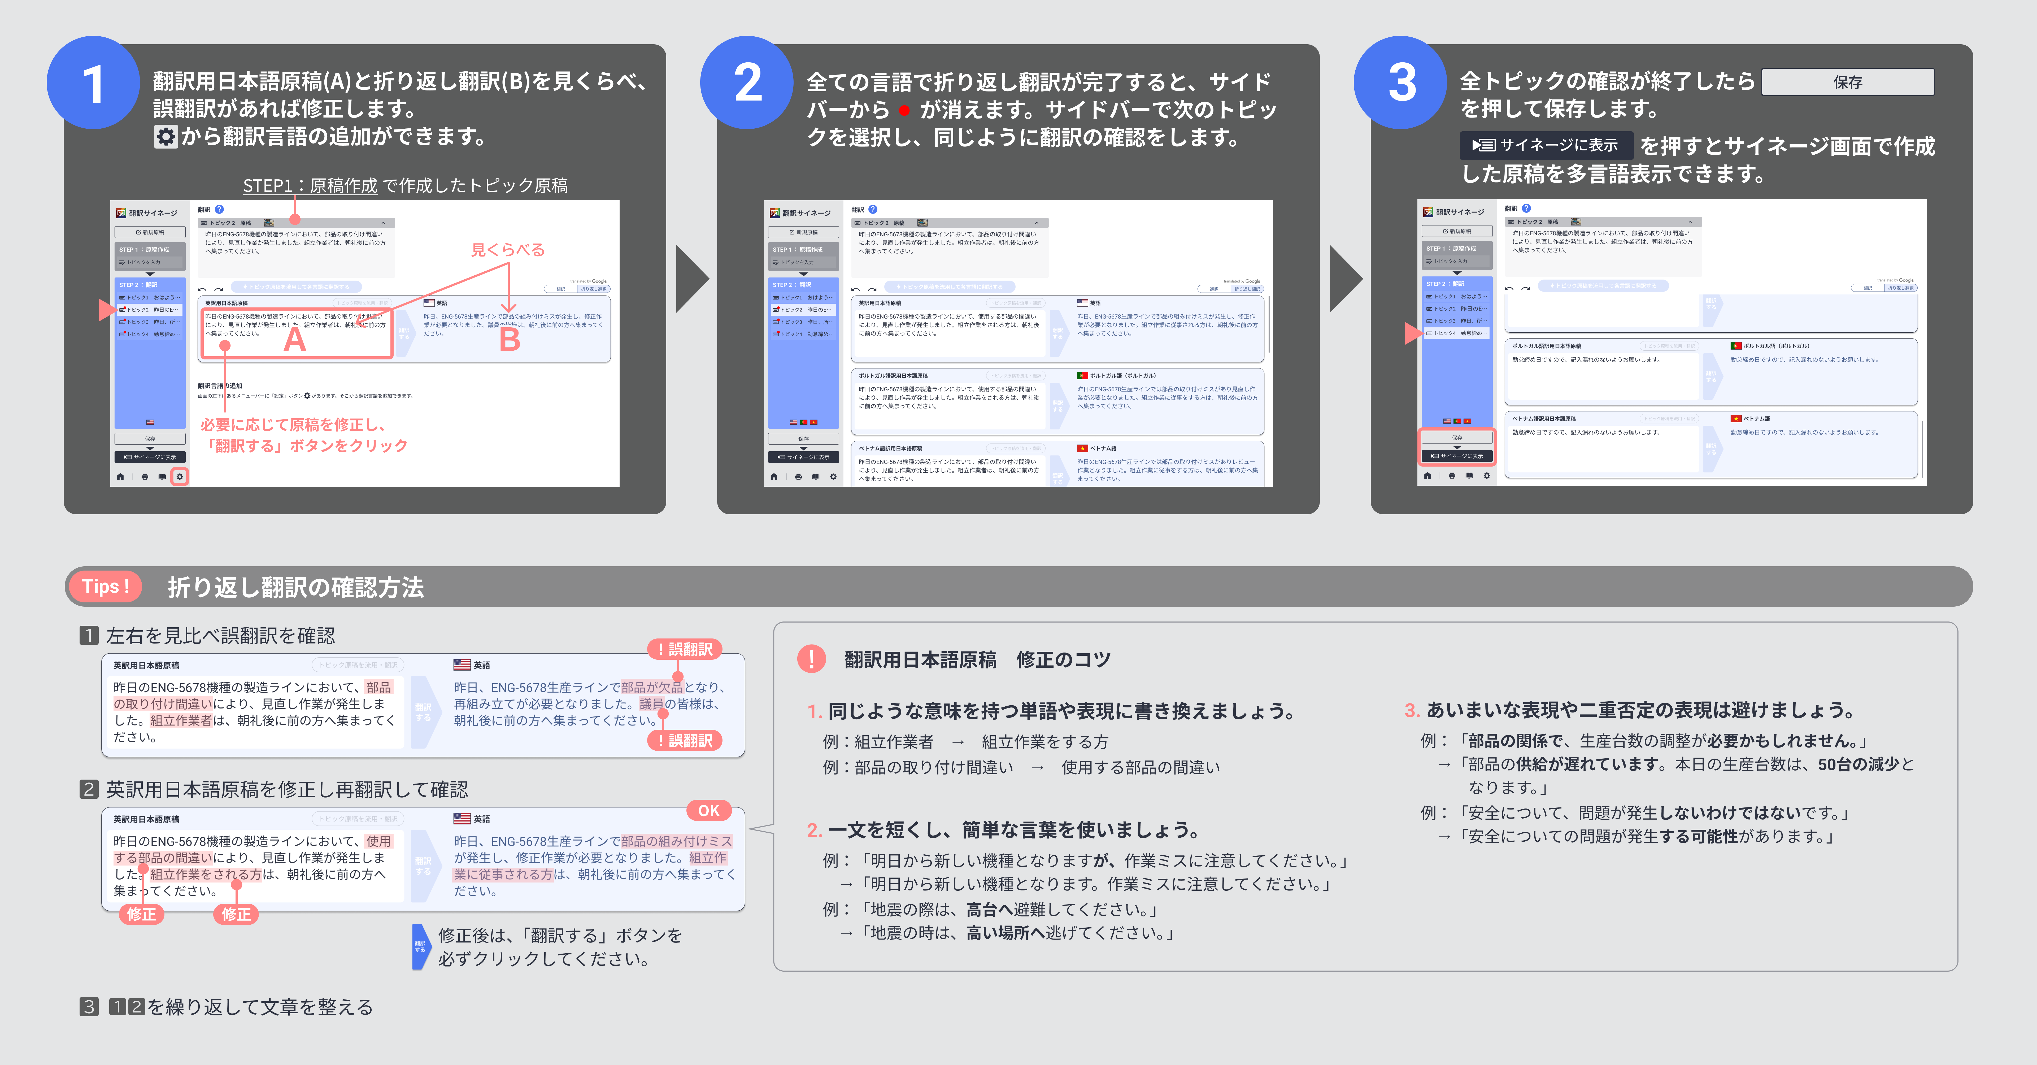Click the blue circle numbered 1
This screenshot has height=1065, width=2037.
pyautogui.click(x=93, y=83)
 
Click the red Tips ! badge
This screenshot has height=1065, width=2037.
pyautogui.click(x=105, y=587)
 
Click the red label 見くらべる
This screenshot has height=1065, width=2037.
pyautogui.click(x=508, y=250)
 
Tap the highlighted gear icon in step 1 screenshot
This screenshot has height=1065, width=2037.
pyautogui.click(x=180, y=477)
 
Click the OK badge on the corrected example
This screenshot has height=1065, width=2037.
pyautogui.click(x=708, y=810)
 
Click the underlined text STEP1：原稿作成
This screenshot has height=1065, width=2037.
pyautogui.click(x=310, y=186)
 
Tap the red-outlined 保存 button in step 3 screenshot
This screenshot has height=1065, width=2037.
pyautogui.click(x=1457, y=437)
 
